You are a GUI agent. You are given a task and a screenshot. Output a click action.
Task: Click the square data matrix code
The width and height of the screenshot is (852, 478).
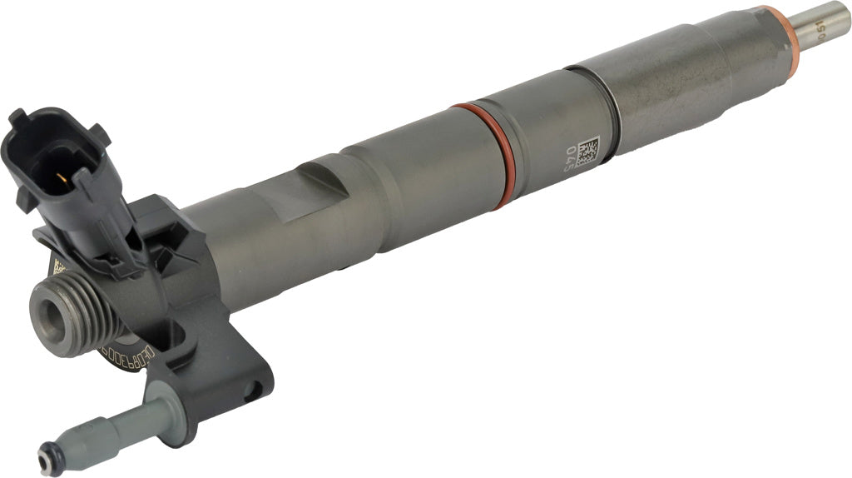pyautogui.click(x=587, y=151)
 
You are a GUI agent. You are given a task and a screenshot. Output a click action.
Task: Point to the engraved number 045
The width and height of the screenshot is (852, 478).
pyautogui.click(x=572, y=157)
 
